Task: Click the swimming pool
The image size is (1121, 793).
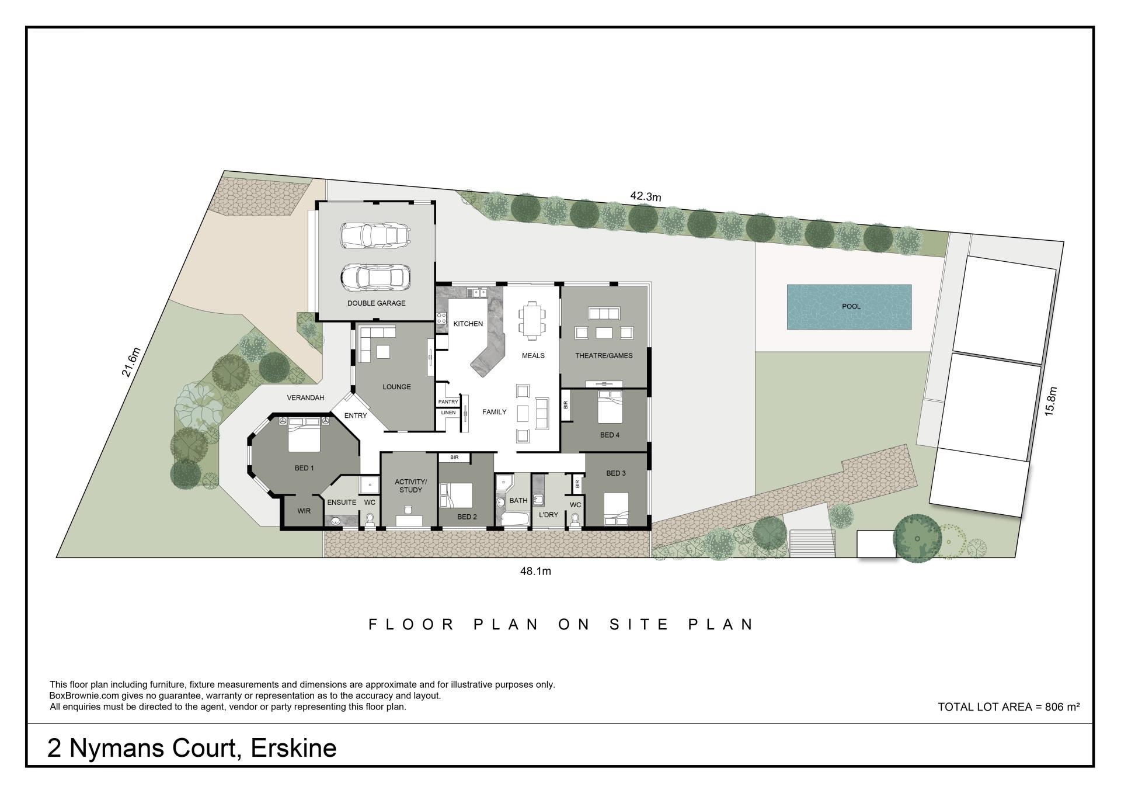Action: (x=849, y=307)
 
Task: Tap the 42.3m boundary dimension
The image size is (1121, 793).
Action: (x=646, y=196)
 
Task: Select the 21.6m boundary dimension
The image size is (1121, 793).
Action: (x=132, y=362)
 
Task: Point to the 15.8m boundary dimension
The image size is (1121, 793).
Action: (x=1051, y=401)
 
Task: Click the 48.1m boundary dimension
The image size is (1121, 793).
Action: (x=535, y=571)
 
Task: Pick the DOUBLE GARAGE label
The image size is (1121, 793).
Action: (x=376, y=303)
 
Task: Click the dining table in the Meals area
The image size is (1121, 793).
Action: (x=532, y=320)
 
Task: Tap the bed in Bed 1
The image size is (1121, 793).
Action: (x=303, y=434)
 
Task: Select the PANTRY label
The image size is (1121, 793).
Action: (x=448, y=402)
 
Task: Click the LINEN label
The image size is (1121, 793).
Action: (x=448, y=413)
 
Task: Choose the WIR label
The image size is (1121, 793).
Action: (x=304, y=511)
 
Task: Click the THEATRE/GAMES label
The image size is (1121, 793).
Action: (x=604, y=355)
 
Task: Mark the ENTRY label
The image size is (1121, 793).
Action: (x=356, y=415)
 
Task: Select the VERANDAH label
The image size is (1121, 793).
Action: (x=305, y=398)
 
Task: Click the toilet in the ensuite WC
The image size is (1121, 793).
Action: (x=370, y=518)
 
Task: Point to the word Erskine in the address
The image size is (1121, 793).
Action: (x=294, y=749)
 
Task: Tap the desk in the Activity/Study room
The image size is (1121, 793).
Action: (x=409, y=518)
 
